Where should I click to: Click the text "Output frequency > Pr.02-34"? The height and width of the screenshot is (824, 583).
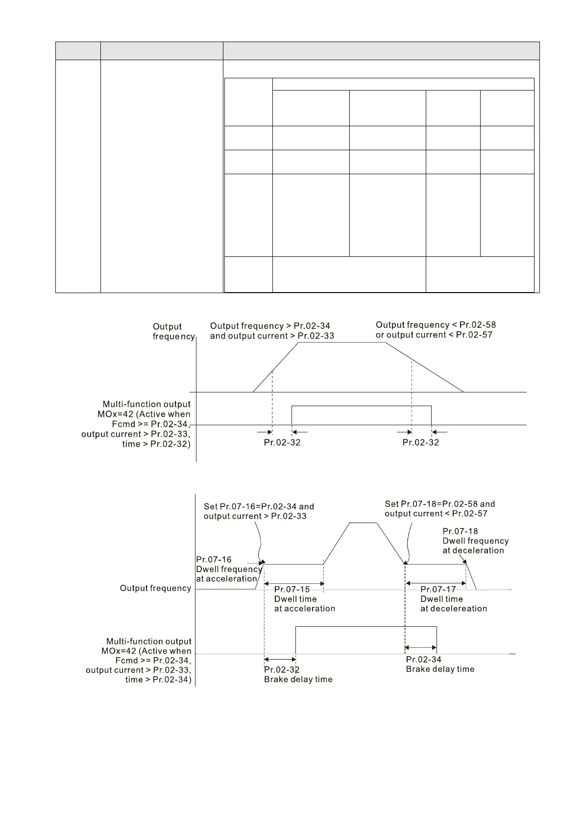[270, 326]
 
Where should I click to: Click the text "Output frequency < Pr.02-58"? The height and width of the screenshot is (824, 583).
[436, 325]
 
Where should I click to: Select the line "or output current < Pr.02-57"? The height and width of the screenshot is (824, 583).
[434, 335]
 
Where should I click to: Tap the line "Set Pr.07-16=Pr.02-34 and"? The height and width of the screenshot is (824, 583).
[259, 506]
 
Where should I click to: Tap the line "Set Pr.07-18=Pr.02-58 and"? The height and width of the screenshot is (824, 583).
[439, 504]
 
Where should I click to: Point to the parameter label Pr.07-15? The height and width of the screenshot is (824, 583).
[292, 589]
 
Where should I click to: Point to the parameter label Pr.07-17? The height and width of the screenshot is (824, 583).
[438, 589]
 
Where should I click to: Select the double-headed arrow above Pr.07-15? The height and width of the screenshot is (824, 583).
[294, 583]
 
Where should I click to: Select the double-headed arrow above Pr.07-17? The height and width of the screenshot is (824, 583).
[436, 583]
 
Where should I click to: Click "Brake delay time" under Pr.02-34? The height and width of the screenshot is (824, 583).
[440, 669]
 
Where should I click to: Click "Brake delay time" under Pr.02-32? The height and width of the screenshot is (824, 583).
[298, 679]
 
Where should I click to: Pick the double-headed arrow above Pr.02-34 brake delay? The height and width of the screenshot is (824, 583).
[420, 647]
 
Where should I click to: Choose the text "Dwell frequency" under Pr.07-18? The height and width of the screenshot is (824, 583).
[475, 541]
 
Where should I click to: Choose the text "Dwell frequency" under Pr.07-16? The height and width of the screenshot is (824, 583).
[229, 569]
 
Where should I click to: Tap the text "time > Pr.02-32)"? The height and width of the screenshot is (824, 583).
[156, 444]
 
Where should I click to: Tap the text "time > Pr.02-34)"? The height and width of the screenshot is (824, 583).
[158, 680]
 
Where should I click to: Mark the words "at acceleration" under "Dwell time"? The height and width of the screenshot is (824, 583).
[304, 609]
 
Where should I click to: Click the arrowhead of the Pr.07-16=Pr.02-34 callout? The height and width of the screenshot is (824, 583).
[264, 563]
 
